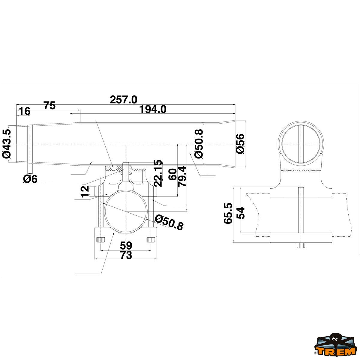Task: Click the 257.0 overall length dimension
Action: pyautogui.click(x=124, y=100)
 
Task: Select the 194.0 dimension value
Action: pyautogui.click(x=153, y=109)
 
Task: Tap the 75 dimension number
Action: pyautogui.click(x=50, y=105)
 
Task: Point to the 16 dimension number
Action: pyautogui.click(x=25, y=112)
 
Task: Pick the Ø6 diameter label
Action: pyautogui.click(x=30, y=179)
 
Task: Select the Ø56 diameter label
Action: pyautogui.click(x=240, y=144)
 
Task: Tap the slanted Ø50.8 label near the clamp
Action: pyautogui.click(x=169, y=222)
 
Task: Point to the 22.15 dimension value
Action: pyautogui.click(x=158, y=173)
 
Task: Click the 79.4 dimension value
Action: pyautogui.click(x=182, y=176)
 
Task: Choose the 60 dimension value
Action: pyautogui.click(x=172, y=174)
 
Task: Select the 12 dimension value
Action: pyautogui.click(x=85, y=191)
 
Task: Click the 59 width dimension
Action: pyautogui.click(x=126, y=245)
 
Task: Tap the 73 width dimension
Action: pyautogui.click(x=126, y=255)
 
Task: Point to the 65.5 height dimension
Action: pyautogui.click(x=228, y=213)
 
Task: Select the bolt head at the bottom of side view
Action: pyautogui.click(x=301, y=245)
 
